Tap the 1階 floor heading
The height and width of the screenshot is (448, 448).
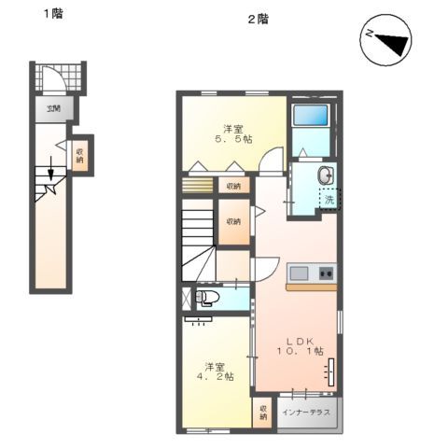click(x=52, y=15)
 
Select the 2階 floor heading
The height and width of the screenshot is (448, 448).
click(x=258, y=18)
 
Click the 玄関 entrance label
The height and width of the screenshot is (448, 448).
click(x=54, y=108)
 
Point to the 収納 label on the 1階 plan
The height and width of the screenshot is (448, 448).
click(x=81, y=155)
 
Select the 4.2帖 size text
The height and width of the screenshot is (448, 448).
click(x=216, y=376)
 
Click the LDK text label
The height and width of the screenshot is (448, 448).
click(x=300, y=340)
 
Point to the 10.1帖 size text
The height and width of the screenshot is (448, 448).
click(x=300, y=352)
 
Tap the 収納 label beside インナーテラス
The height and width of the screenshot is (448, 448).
click(x=264, y=413)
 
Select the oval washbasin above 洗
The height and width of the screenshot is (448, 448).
click(x=325, y=175)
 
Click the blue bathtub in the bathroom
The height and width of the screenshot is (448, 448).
click(x=310, y=117)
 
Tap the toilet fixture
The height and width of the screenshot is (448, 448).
click(x=208, y=299)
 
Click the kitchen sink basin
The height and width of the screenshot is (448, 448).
click(x=301, y=273)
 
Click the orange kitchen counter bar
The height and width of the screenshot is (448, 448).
click(x=311, y=287)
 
